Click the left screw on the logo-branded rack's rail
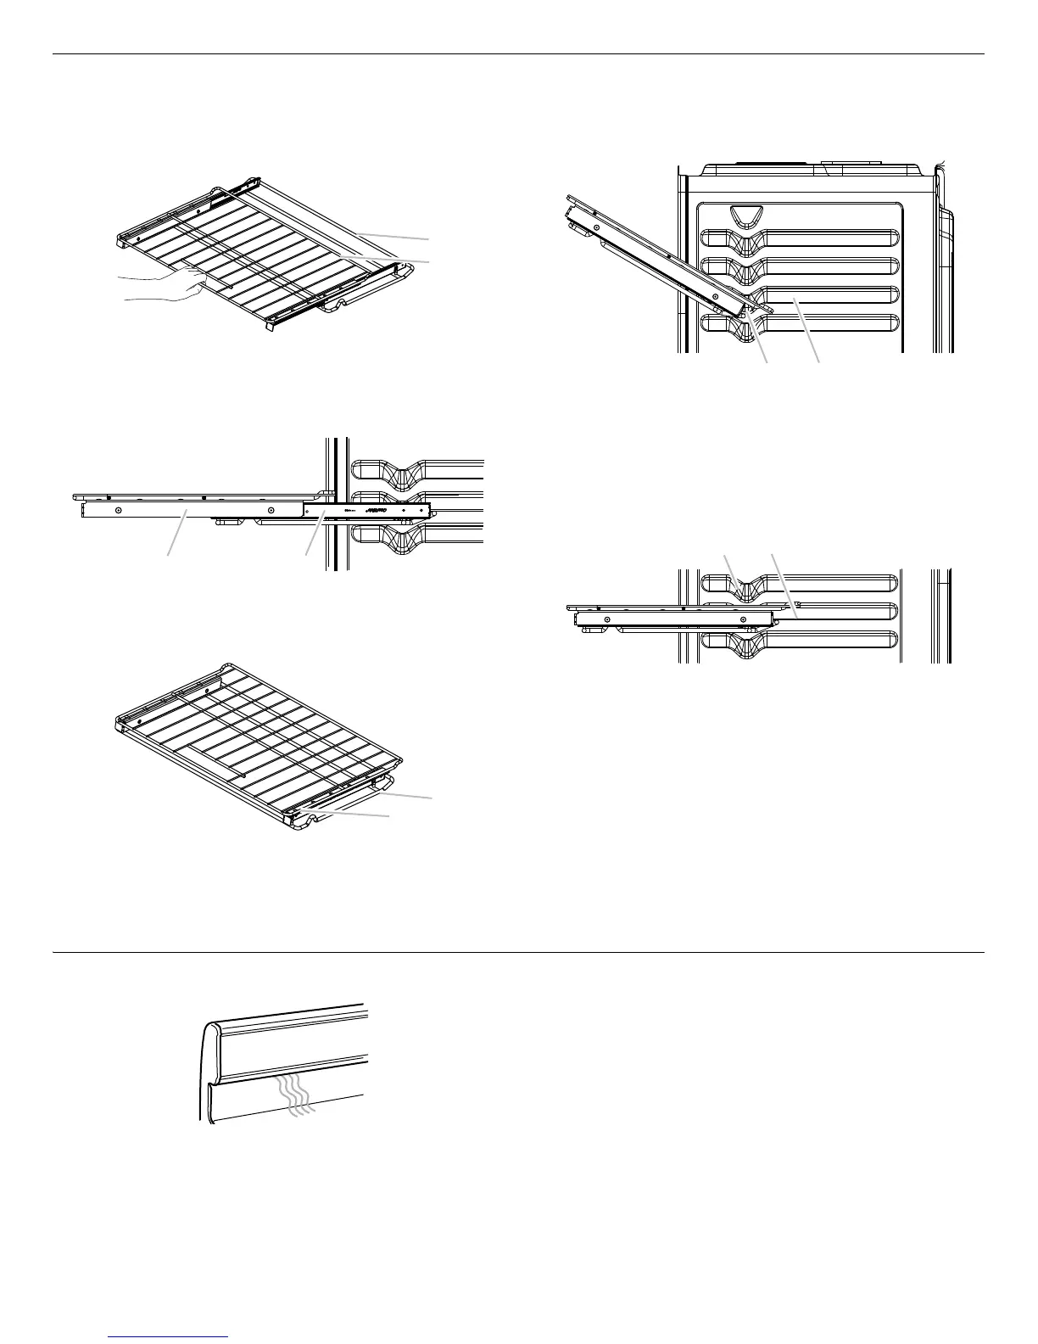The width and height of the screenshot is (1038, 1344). click(x=119, y=510)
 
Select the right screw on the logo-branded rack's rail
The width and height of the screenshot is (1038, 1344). click(x=271, y=510)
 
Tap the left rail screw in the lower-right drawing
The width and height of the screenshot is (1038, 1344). click(x=608, y=619)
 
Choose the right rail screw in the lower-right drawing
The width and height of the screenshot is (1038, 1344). click(x=743, y=619)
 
